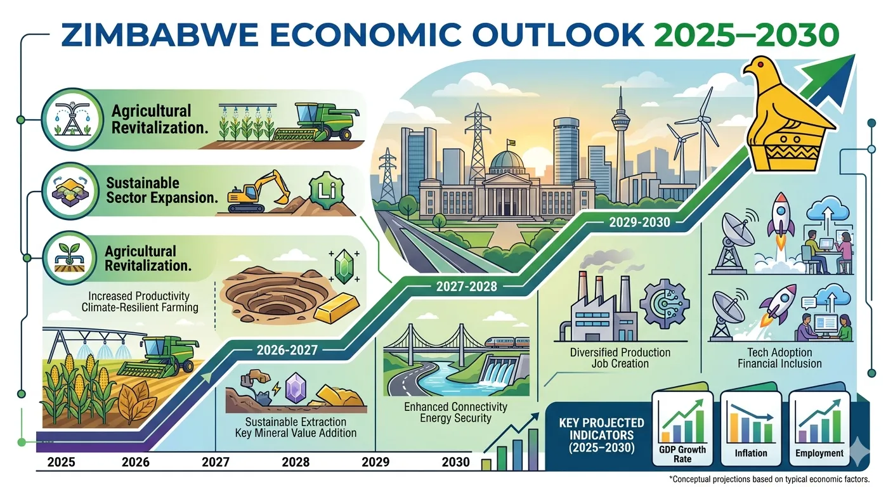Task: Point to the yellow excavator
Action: pos(261,191)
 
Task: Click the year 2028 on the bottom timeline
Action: pos(296,462)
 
